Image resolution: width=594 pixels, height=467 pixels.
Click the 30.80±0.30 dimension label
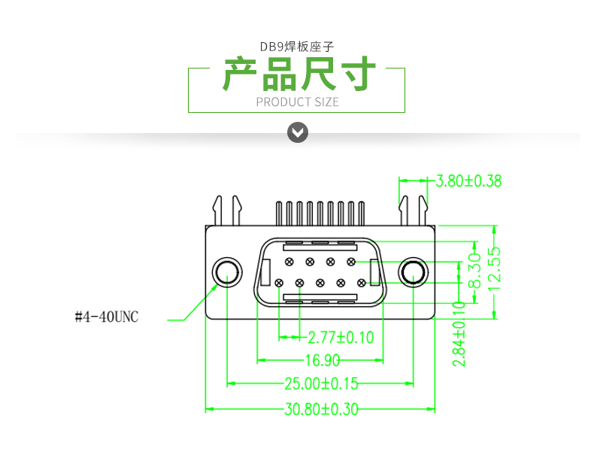tap(321, 410)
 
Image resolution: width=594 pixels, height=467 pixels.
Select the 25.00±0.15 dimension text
tap(321, 384)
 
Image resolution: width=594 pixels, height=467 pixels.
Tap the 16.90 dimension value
tap(322, 359)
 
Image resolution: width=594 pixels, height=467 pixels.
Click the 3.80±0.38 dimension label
tap(468, 180)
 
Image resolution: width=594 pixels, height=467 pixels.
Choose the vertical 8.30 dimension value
tap(474, 270)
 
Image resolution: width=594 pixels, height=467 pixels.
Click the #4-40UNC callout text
tap(107, 317)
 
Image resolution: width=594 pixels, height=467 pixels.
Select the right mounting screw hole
tap(413, 272)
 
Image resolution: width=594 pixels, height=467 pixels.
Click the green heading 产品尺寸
tap(299, 74)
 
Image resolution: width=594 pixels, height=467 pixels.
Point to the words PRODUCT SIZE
tap(298, 102)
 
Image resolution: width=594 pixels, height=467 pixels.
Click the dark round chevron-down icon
tap(299, 133)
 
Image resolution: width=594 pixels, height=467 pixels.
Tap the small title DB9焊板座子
tap(297, 47)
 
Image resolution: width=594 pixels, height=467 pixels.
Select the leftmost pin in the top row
tap(289, 261)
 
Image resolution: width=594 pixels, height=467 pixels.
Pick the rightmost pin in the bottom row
tap(362, 283)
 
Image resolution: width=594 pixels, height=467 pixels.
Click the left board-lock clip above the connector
tap(226, 211)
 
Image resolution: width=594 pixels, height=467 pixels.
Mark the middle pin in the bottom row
tap(320, 283)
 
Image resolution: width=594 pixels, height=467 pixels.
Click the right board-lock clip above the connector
tap(413, 211)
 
